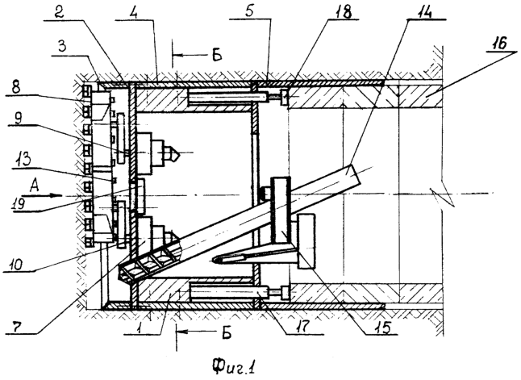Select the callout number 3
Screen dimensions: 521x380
(x=62, y=48)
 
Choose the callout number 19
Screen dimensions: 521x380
(x=19, y=203)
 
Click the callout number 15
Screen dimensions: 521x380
(x=381, y=327)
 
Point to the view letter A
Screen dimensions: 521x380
(x=34, y=185)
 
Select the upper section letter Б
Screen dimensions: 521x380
(x=216, y=55)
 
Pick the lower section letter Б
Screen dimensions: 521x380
(x=227, y=332)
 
